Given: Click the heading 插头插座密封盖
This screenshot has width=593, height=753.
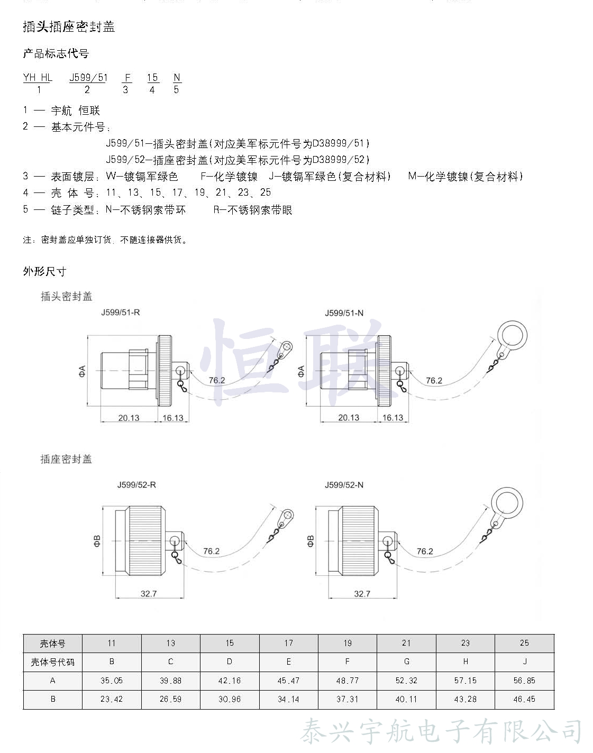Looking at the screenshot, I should [x=69, y=26].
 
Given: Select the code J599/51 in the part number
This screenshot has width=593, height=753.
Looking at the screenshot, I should [x=88, y=78].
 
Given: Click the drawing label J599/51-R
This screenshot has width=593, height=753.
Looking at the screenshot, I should [x=121, y=313].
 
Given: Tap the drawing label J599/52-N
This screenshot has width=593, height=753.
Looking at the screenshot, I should [x=344, y=485].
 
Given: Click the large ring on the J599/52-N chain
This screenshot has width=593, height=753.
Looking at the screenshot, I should [x=506, y=502].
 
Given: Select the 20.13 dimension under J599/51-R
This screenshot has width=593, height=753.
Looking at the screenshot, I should [x=129, y=418].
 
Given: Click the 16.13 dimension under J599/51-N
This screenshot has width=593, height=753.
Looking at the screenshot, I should [x=393, y=418].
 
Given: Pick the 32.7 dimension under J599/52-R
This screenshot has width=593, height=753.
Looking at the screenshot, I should [x=149, y=594].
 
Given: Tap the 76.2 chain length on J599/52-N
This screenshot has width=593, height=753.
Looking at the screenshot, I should [x=424, y=551].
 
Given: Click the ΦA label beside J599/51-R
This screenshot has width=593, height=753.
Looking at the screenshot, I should [x=82, y=371].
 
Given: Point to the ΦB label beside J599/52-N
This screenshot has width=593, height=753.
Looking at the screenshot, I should [x=310, y=540].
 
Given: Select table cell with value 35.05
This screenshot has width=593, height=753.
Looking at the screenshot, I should [x=112, y=681].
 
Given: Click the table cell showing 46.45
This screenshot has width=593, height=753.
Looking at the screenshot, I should [x=524, y=699].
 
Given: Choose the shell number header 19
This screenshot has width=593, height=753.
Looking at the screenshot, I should [x=348, y=643].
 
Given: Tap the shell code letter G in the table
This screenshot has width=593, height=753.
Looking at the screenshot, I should [x=406, y=662].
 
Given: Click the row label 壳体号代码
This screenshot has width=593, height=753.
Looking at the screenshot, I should [x=52, y=662].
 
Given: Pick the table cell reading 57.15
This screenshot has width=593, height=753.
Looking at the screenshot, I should [x=465, y=681].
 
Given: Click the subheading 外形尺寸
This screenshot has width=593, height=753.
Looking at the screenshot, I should [x=44, y=271].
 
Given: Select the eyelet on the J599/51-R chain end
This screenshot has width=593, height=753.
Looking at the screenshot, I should [x=286, y=348].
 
